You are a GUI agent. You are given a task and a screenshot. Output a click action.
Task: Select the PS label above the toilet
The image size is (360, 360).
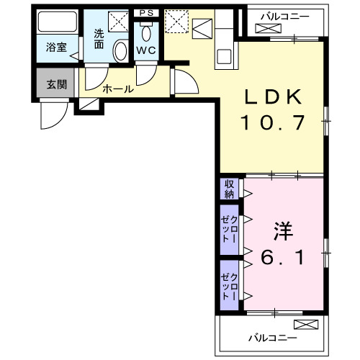pyautogui.click(x=147, y=12)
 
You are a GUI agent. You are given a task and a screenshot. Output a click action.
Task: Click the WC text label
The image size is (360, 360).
pyautogui.click(x=147, y=50)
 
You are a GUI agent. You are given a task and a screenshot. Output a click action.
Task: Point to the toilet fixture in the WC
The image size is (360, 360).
pyautogui.click(x=147, y=32)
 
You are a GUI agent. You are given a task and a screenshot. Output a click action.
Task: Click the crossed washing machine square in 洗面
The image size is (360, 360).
pyautogui.click(x=117, y=21)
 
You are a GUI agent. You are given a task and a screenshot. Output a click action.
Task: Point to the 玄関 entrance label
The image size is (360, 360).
pyautogui.click(x=56, y=84)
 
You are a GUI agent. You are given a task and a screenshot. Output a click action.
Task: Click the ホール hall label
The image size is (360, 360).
pyautogui.click(x=117, y=89)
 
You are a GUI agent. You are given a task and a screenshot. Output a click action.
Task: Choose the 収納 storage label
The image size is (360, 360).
pyautogui.click(x=229, y=189)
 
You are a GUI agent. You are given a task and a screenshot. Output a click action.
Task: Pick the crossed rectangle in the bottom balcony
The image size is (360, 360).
pyautogui.click(x=305, y=324)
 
